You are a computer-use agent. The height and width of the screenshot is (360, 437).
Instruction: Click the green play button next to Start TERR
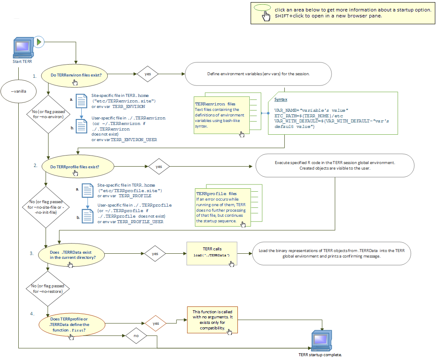(39, 42)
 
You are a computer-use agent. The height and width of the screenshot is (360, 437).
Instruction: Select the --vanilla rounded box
(18, 91)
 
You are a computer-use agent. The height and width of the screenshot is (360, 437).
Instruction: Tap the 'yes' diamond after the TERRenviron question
(148, 74)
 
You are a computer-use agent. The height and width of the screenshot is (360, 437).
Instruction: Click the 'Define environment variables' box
(258, 74)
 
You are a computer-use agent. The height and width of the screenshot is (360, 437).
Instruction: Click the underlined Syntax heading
(280, 99)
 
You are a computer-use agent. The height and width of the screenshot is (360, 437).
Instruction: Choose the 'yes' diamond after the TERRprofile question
(159, 167)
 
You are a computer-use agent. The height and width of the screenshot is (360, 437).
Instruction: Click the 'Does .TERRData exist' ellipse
(71, 255)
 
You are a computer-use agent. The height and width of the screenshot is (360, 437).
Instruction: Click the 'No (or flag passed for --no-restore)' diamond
(48, 289)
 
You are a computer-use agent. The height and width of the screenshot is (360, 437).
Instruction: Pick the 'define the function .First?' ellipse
(72, 325)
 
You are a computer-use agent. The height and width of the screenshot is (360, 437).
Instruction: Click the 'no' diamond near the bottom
(136, 335)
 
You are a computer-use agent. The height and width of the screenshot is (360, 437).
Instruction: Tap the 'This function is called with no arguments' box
(212, 320)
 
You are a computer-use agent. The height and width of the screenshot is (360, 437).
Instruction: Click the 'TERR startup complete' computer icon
(320, 340)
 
